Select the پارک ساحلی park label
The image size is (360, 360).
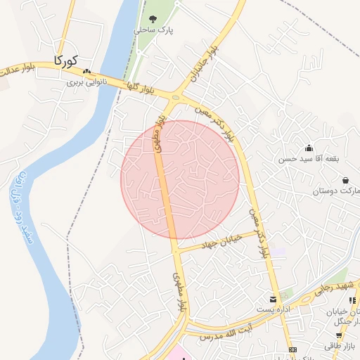(x=155, y=31)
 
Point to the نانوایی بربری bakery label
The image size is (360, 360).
(x=85, y=82)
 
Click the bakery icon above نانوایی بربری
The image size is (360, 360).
(x=86, y=72)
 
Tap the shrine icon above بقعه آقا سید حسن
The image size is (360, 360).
(x=309, y=148)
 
